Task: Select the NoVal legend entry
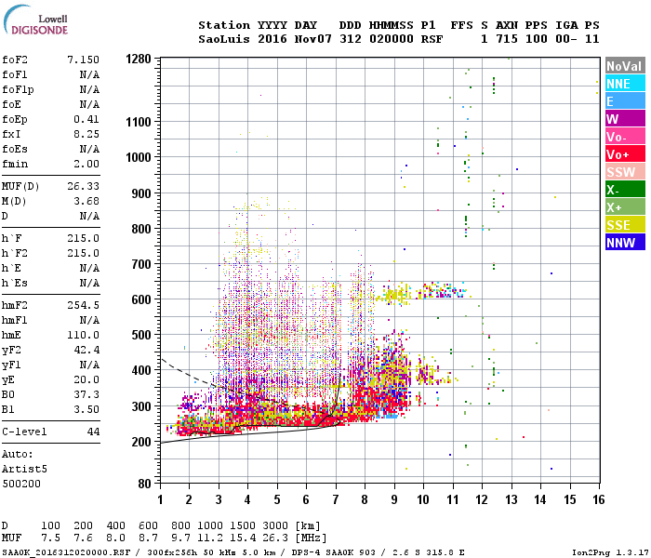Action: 624,66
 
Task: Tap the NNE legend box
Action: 624,84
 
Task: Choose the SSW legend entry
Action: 624,172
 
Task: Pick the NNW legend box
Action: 624,243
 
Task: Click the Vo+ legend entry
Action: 624,154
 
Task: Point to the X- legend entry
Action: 624,190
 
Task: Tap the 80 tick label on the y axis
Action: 144,484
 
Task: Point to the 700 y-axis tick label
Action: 140,264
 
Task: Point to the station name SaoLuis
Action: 222,39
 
